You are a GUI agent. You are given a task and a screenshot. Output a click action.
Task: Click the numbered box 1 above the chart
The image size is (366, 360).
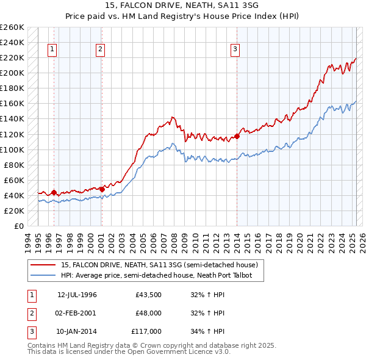[x=52, y=50]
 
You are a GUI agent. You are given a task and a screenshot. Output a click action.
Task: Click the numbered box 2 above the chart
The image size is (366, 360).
[x=100, y=50]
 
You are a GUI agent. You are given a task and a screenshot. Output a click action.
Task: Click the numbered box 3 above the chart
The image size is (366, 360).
[x=235, y=50]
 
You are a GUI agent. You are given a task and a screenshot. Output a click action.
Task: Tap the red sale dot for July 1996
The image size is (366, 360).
[x=54, y=193]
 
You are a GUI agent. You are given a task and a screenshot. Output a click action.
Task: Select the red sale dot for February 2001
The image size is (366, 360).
[x=102, y=189]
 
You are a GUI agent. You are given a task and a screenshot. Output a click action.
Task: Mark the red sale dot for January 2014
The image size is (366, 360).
[x=237, y=136]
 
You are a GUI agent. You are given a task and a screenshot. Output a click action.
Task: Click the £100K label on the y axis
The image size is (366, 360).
[x=12, y=149]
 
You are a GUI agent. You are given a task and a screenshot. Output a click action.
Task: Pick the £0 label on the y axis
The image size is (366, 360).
[x=18, y=226]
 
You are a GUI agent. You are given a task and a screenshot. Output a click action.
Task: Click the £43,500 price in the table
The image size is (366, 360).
[x=149, y=295]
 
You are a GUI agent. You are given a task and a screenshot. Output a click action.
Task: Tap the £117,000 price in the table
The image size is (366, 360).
[x=147, y=331]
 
